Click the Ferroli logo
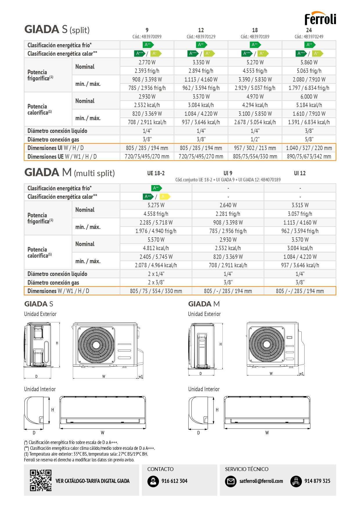[x=320, y=19]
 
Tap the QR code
[x=41, y=480]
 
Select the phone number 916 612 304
[x=174, y=481]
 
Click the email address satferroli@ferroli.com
[x=261, y=481]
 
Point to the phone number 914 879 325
[x=317, y=481]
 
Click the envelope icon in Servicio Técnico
[x=231, y=481]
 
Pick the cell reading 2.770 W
[x=147, y=62]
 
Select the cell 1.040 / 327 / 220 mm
[x=309, y=148]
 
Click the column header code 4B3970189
[x=255, y=37]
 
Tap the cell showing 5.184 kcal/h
[x=309, y=105]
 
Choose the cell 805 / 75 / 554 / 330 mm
[x=156, y=291]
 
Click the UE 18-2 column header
[x=156, y=173]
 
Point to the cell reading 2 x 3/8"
[x=156, y=282]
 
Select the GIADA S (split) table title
[x=57, y=30]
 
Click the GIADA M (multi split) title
[x=70, y=173]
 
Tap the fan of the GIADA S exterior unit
[x=96, y=345]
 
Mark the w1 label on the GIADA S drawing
[x=141, y=376]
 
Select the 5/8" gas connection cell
[x=309, y=139]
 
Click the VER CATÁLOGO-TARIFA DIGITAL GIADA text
[x=93, y=481]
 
